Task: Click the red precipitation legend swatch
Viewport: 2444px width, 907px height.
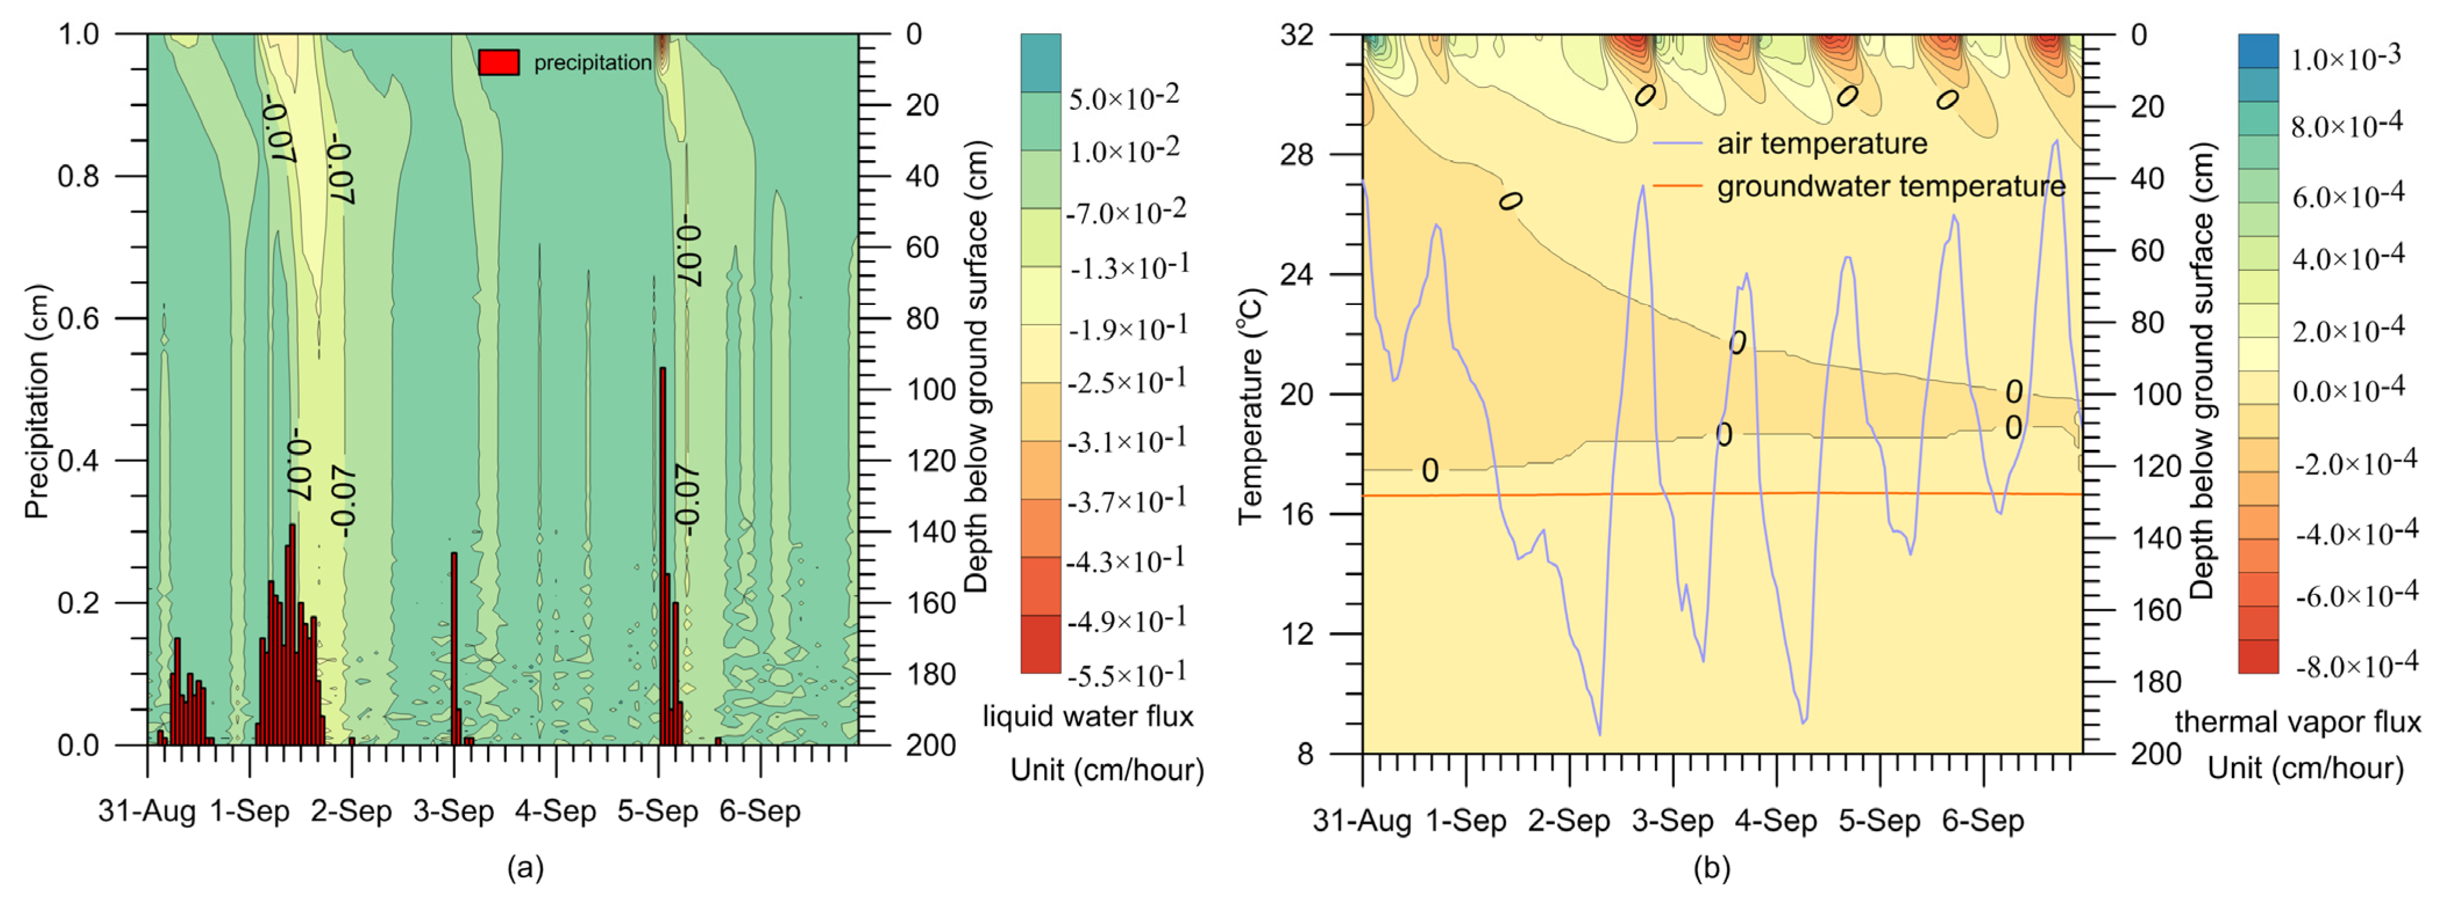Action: [x=498, y=63]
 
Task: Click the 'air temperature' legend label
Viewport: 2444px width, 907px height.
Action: [x=1822, y=144]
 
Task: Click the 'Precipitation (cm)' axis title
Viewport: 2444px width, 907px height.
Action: [x=36, y=401]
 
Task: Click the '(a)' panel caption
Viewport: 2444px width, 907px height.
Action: [x=526, y=867]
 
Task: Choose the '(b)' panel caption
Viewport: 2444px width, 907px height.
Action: [x=1712, y=867]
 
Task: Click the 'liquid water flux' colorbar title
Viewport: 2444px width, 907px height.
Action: [x=1087, y=716]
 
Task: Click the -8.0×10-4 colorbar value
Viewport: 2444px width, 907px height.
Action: [x=2356, y=666]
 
